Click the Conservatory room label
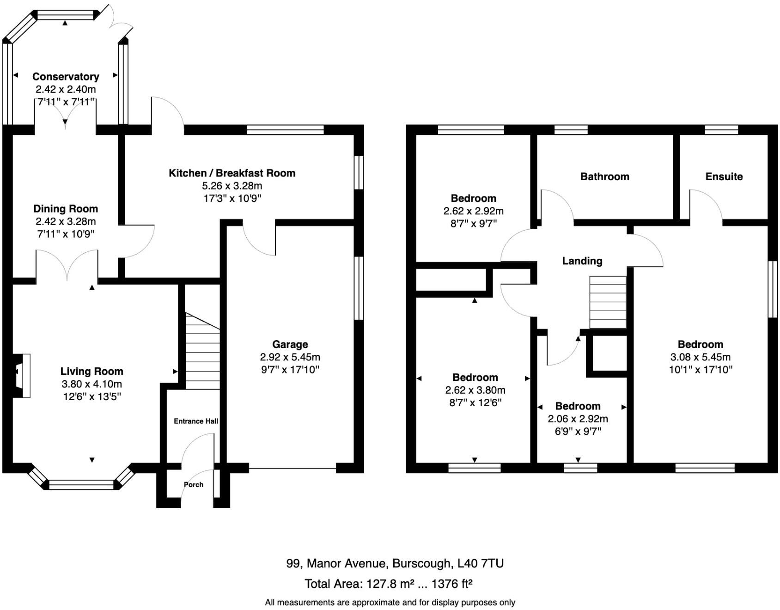(66, 77)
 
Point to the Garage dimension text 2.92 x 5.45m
(290, 357)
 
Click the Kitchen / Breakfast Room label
(232, 173)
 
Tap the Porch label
(193, 485)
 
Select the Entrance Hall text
(196, 421)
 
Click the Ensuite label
(724, 177)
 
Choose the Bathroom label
(604, 177)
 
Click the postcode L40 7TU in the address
(480, 563)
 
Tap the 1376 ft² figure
(451, 584)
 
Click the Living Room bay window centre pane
(81, 485)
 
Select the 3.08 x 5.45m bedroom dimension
(700, 357)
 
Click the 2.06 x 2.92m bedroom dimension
(578, 419)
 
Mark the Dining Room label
(66, 209)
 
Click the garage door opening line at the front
(292, 469)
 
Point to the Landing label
(582, 261)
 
